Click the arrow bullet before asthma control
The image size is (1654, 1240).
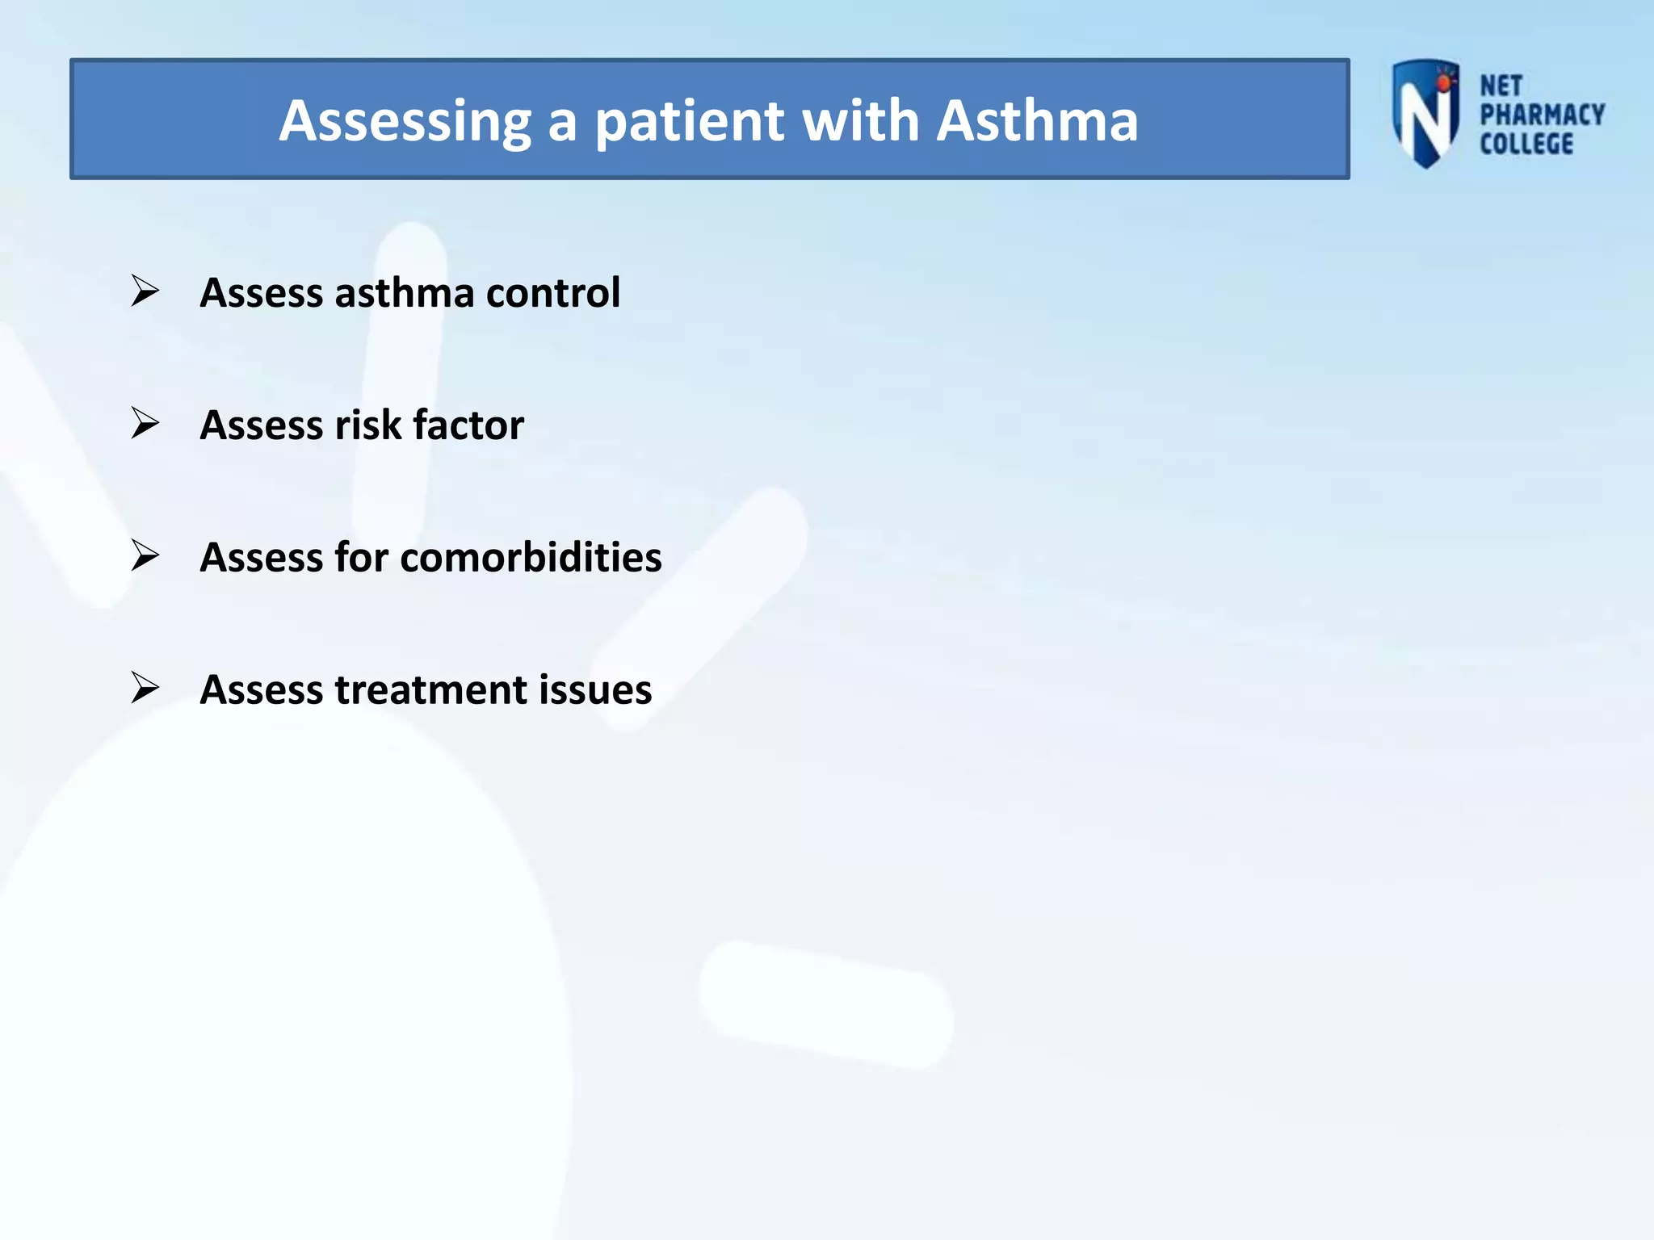[145, 291]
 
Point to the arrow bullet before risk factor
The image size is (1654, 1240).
[145, 423]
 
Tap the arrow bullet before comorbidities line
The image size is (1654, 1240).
[145, 555]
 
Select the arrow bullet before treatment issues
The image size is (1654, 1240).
[145, 688]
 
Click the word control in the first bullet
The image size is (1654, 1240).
[553, 292]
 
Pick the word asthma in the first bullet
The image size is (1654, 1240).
[404, 292]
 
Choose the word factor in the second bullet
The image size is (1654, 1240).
[468, 425]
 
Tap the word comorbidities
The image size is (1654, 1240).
[531, 557]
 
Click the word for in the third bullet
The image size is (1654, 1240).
[361, 557]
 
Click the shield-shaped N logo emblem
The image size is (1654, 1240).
[1425, 113]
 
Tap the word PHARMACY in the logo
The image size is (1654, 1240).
[1542, 115]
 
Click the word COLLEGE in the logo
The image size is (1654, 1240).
[1526, 145]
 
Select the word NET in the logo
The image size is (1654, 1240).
[1501, 86]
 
